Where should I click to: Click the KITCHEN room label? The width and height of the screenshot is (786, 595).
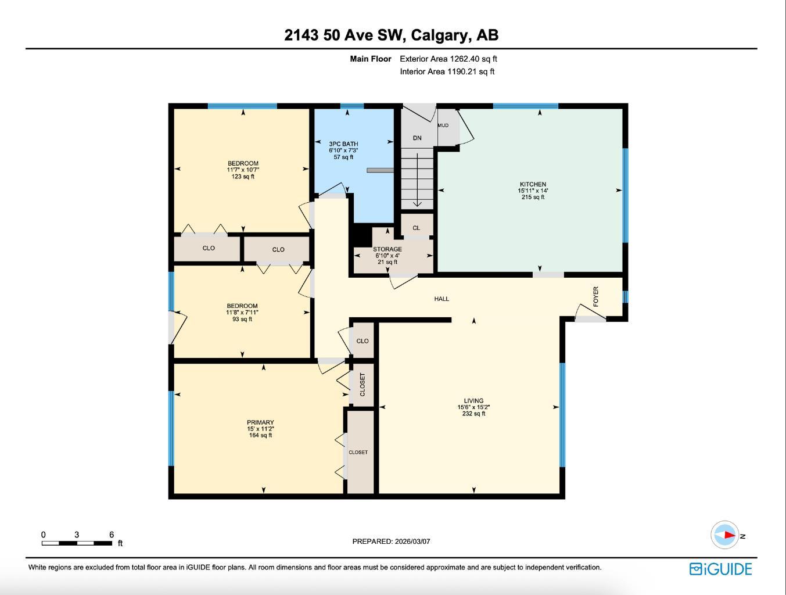[x=532, y=185]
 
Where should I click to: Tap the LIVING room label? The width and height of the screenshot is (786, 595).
[x=473, y=401]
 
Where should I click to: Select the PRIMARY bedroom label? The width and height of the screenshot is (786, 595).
[x=260, y=422]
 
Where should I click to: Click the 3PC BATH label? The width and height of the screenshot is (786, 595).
[x=343, y=144]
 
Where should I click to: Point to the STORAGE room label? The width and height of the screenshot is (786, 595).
[x=387, y=249]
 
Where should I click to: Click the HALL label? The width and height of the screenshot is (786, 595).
[x=442, y=299]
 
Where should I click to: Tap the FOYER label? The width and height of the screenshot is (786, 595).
[x=595, y=296]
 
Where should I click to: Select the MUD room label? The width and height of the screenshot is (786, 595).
[x=443, y=126]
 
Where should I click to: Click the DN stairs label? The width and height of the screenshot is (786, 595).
[x=417, y=138]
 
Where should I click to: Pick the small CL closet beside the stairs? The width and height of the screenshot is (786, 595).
[x=416, y=228]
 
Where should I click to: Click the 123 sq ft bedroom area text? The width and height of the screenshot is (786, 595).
[x=243, y=177]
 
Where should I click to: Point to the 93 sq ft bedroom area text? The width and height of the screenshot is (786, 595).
[x=242, y=319]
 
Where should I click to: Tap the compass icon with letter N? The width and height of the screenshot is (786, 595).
[x=726, y=535]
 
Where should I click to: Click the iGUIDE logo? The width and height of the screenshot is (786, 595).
[x=720, y=569]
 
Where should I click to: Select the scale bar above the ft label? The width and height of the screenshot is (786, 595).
[x=77, y=543]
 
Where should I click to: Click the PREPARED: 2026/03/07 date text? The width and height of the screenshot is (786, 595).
[x=391, y=541]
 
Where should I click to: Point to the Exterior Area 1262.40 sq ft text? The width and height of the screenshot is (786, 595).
[x=448, y=59]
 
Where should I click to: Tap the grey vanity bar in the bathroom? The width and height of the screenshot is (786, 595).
[x=381, y=170]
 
